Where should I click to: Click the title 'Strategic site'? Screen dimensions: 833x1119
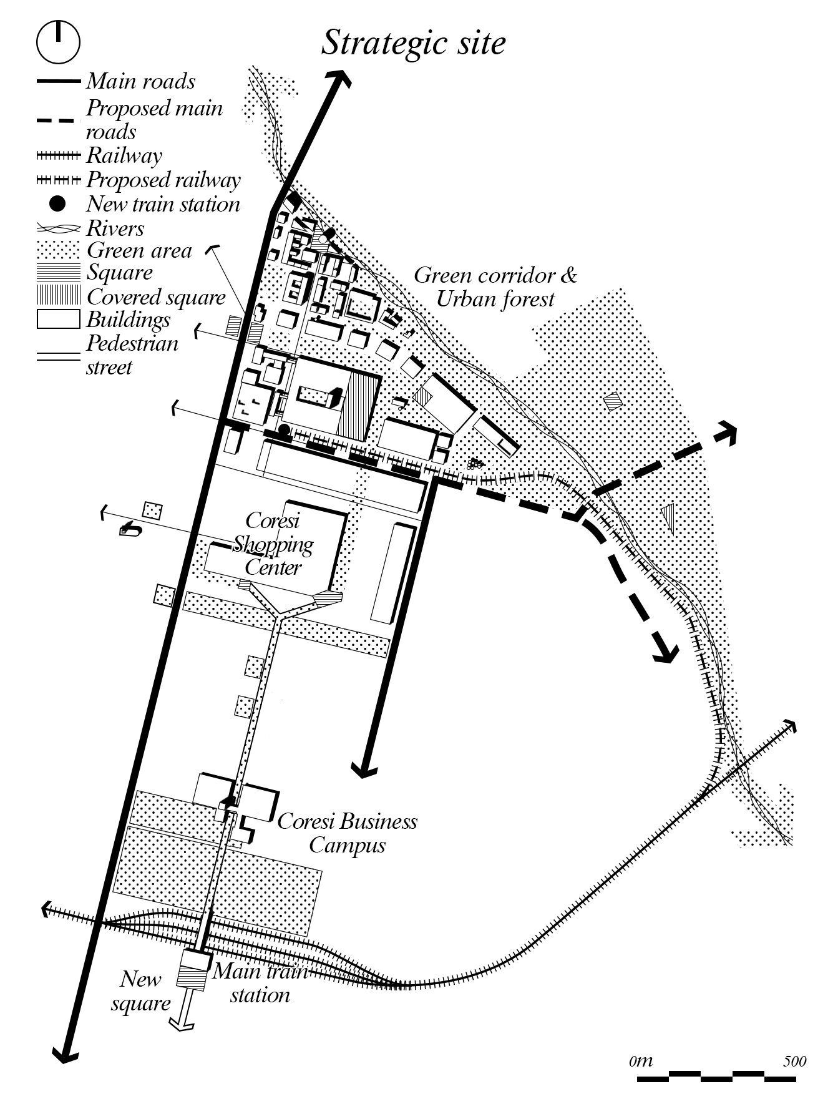point(412,44)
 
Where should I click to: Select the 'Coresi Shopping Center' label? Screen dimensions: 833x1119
point(273,544)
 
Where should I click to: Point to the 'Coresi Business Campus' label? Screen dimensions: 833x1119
point(347,833)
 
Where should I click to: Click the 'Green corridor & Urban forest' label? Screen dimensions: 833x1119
point(495,286)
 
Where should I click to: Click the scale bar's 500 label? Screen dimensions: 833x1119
point(795,1062)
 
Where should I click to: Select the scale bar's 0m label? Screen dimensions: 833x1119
point(640,1061)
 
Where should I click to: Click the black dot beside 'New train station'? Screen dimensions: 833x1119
point(57,204)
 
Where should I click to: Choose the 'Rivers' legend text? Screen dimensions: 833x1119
point(115,228)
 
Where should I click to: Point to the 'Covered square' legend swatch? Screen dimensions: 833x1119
point(58,296)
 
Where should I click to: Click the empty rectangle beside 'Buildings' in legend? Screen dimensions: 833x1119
point(58,319)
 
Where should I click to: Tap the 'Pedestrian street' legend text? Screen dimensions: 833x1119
point(132,354)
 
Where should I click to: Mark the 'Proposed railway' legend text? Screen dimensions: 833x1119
point(163,180)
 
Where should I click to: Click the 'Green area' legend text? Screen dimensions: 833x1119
point(139,250)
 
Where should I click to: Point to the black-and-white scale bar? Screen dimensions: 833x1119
point(717,1077)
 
